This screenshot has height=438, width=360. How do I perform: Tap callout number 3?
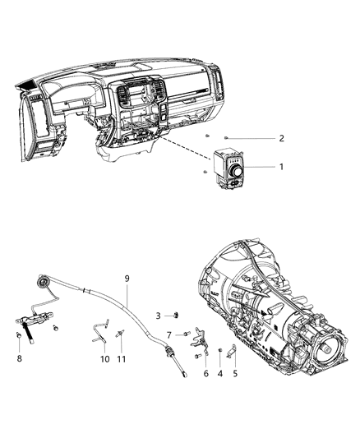(158, 316)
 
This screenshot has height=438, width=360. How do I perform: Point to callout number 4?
(219, 374)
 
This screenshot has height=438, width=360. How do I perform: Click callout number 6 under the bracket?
(205, 374)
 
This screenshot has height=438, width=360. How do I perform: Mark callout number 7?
(168, 334)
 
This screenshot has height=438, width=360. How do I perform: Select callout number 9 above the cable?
(127, 278)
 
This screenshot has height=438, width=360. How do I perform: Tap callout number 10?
(104, 359)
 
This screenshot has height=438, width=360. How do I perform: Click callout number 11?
(122, 359)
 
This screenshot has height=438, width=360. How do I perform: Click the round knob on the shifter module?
(237, 170)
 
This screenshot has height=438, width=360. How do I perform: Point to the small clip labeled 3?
(175, 315)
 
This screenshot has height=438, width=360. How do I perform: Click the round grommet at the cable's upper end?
(42, 286)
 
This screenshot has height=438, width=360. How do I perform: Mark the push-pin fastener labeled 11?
(121, 334)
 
